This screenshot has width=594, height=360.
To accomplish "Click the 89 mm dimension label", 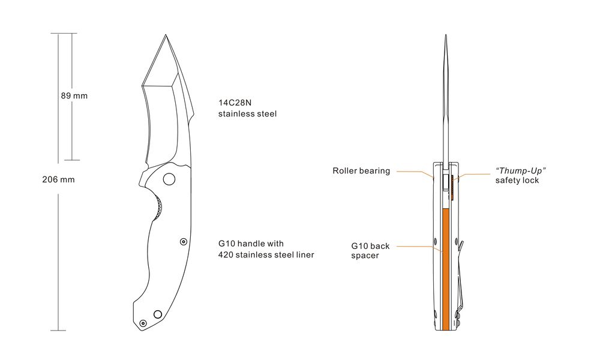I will (74, 96).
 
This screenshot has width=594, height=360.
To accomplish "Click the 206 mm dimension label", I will (58, 179).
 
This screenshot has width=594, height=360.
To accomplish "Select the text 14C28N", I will (235, 102).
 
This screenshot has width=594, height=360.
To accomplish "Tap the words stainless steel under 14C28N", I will (247, 113).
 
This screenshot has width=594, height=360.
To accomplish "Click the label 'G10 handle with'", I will (251, 244).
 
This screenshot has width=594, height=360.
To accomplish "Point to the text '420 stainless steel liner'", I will (266, 255).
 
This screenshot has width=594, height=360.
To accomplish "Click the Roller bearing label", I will (361, 171).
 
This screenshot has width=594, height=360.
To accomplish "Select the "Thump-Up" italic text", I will (520, 170).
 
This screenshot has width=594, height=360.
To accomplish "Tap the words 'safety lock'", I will (517, 181).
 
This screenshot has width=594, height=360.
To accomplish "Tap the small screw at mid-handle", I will (183, 241).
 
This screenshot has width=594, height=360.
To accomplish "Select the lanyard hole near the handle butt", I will (158, 314).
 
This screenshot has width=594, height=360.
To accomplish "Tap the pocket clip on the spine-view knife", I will (461, 276).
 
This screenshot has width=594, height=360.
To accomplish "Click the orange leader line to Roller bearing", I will (414, 172).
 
